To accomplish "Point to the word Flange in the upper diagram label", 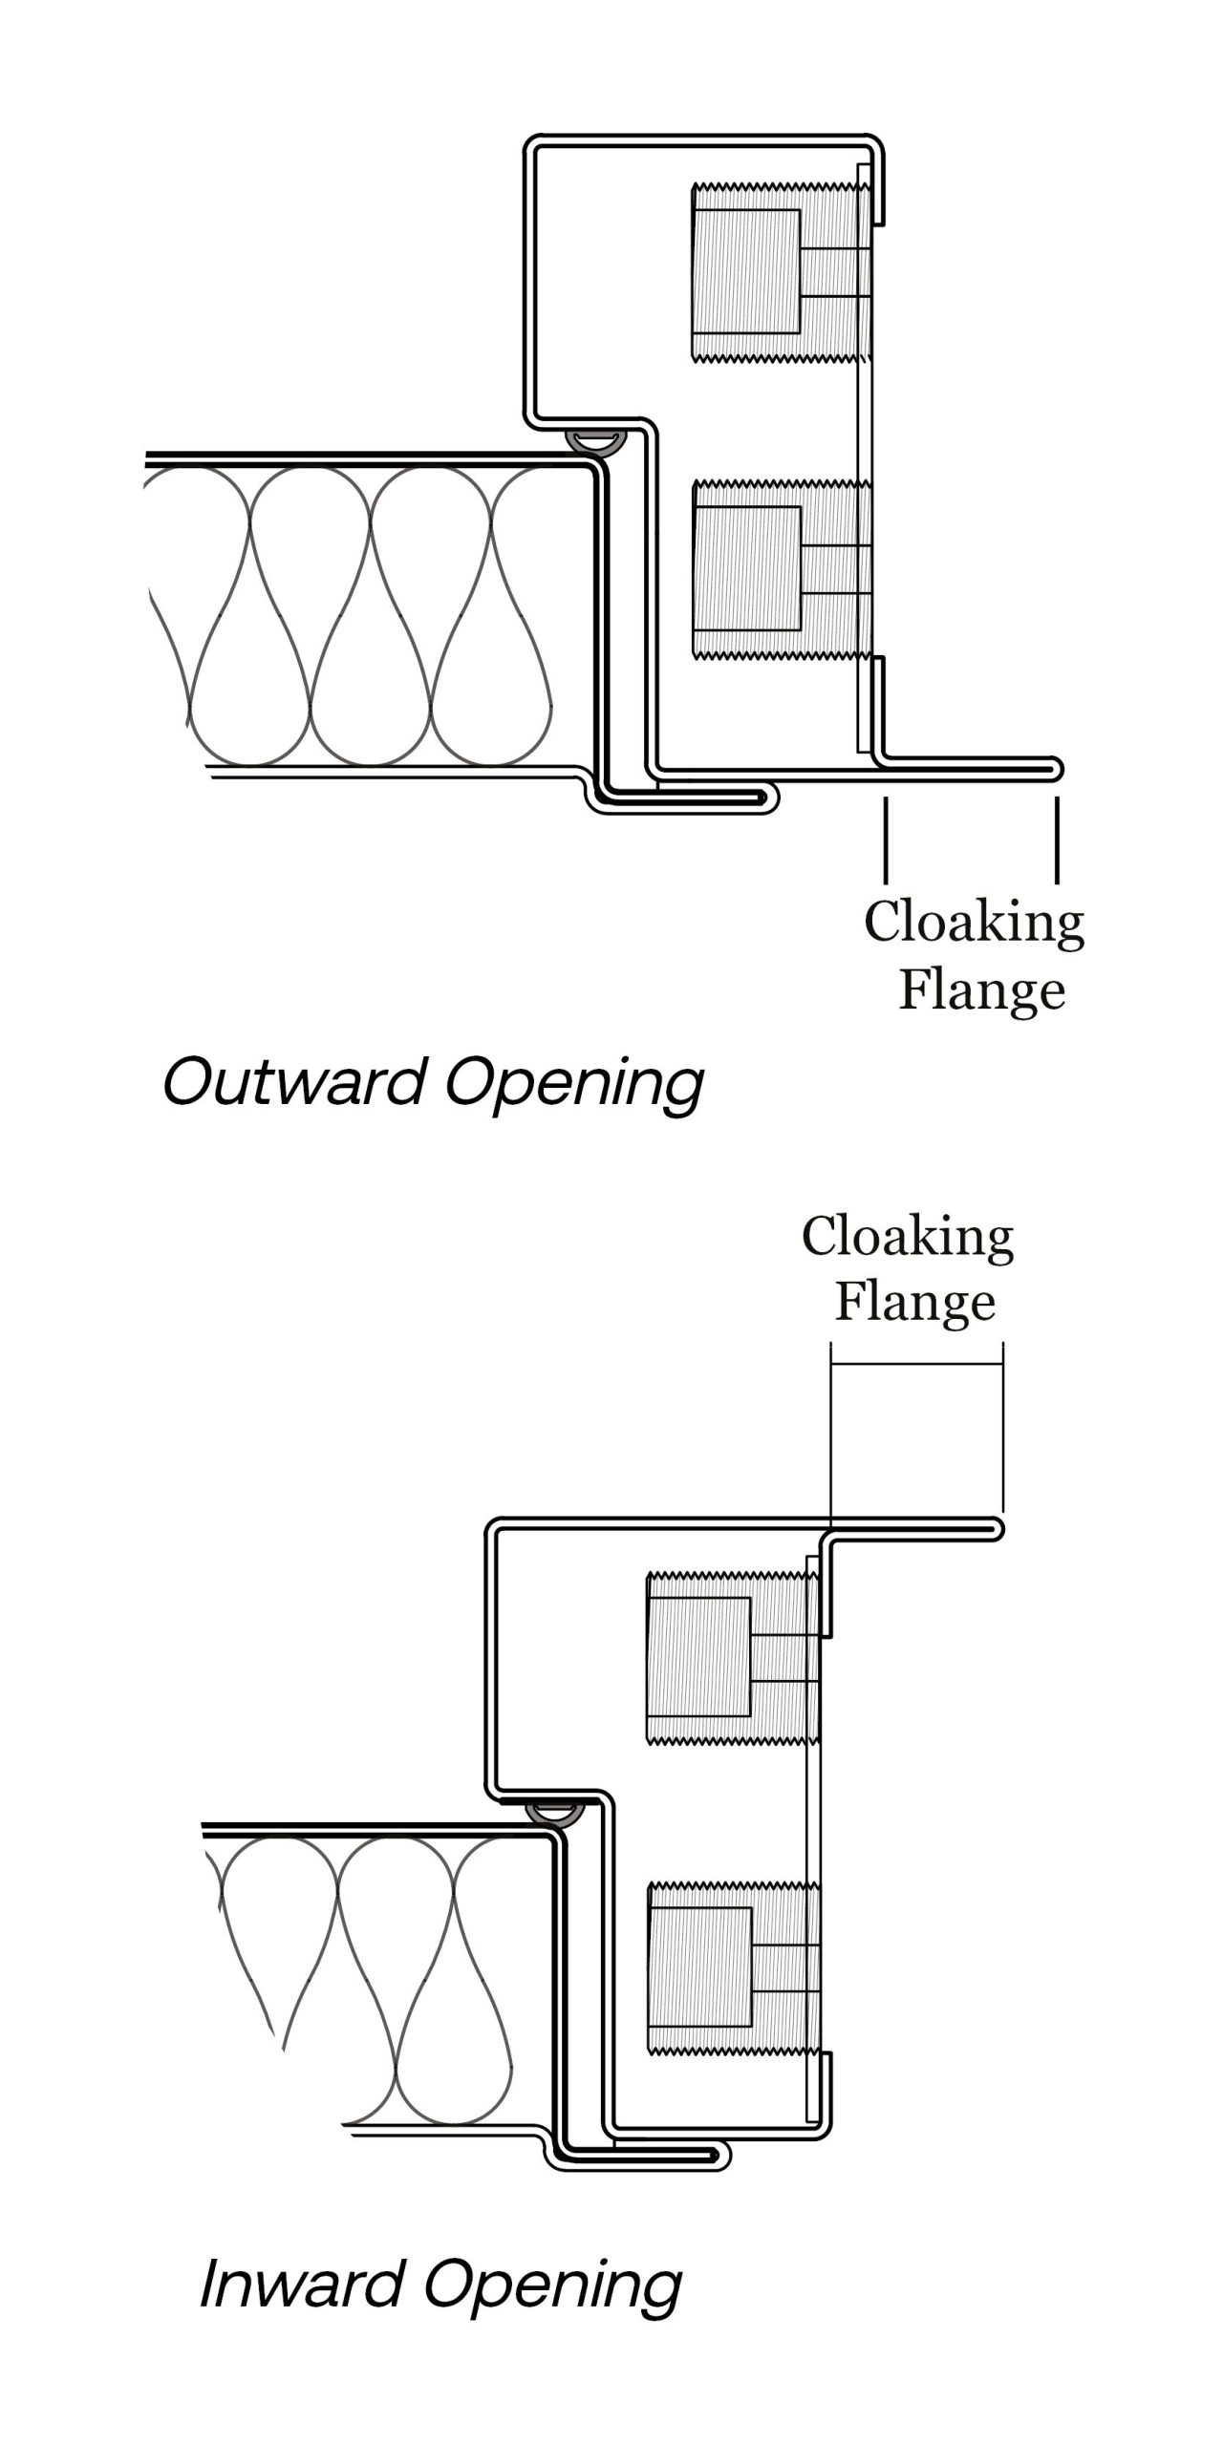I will (981, 990).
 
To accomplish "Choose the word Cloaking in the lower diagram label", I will (908, 1238).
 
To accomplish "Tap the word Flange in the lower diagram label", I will (915, 1302).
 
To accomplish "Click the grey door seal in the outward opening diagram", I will (594, 440).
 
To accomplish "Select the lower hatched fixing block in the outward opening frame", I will (746, 569).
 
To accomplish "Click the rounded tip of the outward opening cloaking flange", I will (1057, 767).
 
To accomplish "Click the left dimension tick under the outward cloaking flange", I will (886, 840).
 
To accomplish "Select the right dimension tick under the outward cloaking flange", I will (1057, 840).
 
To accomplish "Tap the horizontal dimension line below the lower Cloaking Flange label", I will (916, 1363).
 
